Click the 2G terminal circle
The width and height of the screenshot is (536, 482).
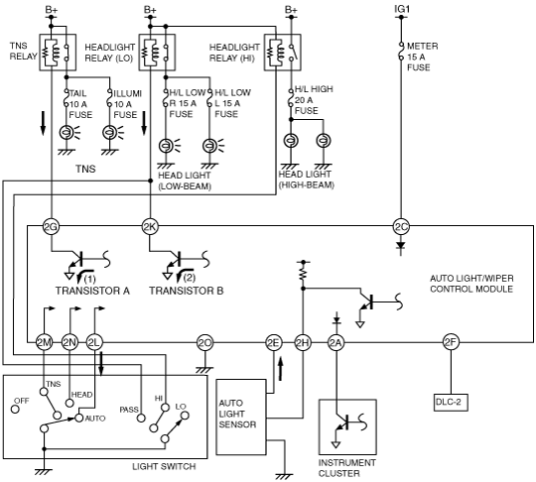click(x=51, y=226)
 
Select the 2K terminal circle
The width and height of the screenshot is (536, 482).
click(x=150, y=226)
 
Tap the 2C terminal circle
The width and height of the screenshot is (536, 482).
click(x=401, y=226)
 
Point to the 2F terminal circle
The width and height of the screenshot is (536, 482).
click(x=451, y=342)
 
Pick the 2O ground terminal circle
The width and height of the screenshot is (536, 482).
click(x=204, y=342)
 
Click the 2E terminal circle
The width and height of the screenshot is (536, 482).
click(x=274, y=342)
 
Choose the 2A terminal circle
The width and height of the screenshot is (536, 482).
click(x=336, y=342)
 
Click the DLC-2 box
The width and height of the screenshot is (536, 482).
click(x=451, y=402)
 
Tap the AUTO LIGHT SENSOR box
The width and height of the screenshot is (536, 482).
click(x=241, y=417)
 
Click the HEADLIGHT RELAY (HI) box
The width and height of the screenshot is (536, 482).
click(x=282, y=53)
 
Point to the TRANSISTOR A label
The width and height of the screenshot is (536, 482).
click(x=92, y=291)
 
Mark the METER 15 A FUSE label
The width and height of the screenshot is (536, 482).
click(x=422, y=57)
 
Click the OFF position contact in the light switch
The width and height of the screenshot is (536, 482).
click(x=15, y=409)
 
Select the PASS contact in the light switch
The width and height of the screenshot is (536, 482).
click(x=141, y=418)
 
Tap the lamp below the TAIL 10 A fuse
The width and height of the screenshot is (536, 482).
click(x=66, y=132)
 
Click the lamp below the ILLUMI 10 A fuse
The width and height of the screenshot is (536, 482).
click(x=110, y=132)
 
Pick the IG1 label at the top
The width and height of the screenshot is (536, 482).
click(x=402, y=9)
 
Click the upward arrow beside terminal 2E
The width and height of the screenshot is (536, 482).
click(x=281, y=369)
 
